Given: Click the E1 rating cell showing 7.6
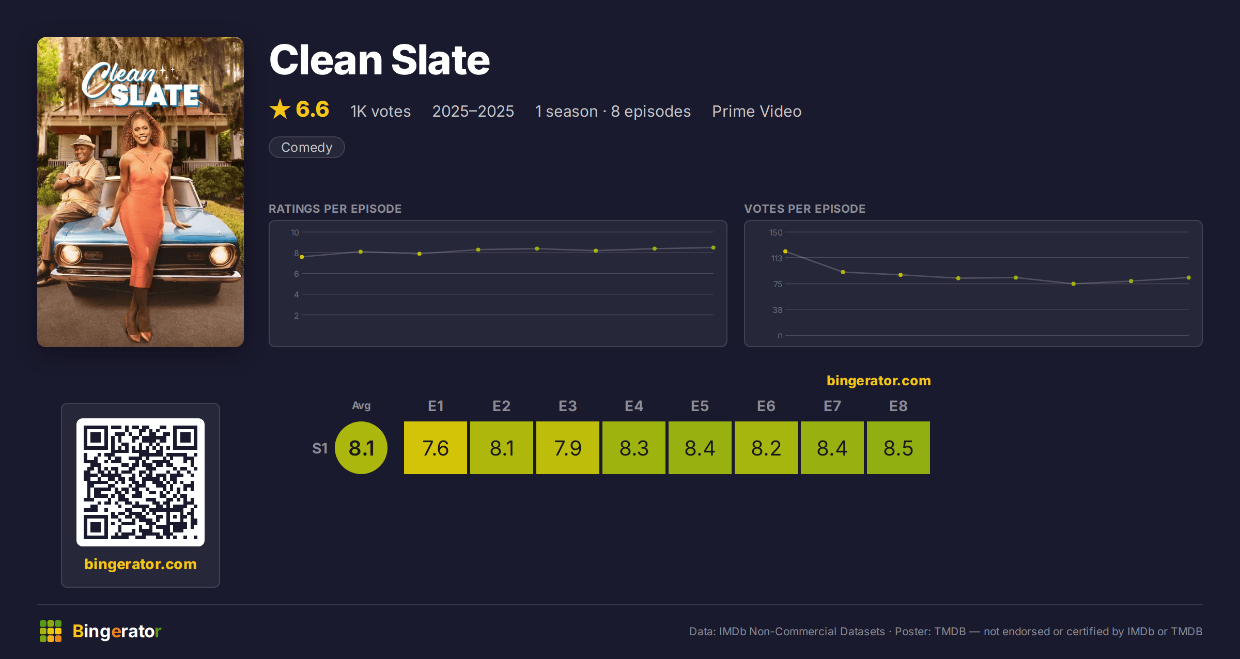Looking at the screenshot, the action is coord(436,448).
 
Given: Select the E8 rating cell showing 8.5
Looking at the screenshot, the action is coord(898,448).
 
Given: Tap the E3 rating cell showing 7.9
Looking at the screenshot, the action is coord(568,448).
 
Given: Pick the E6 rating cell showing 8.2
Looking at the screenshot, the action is coord(766,448).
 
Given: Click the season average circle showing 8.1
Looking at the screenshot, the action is coord(361,448).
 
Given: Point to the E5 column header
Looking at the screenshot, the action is coord(700,406).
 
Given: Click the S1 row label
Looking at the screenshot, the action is coord(320,448).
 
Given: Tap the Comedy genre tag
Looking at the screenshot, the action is coord(307,147).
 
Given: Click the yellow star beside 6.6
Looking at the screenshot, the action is coord(280,109).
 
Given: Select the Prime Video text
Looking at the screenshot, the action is coord(757,111).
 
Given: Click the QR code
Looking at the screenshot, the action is coord(141,482).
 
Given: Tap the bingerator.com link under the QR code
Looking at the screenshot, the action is coord(141,564).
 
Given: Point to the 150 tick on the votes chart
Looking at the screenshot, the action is coord(776,232).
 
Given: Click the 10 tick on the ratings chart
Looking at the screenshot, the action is coord(295,232).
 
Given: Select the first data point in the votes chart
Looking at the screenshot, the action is coord(785,252).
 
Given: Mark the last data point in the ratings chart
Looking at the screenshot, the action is coord(714,248).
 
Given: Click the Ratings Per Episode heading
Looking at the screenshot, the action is coord(335,209).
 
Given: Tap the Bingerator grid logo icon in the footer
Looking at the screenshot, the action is coord(51,631).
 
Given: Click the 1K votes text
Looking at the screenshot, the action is coord(381,111).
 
